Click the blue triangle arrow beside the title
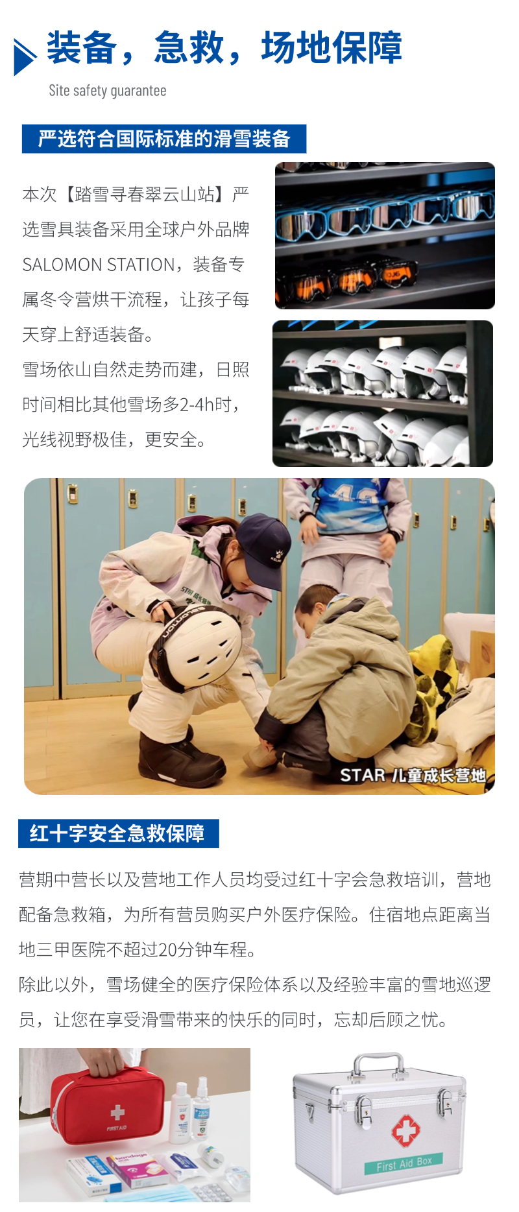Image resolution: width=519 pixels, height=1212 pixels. (x=24, y=57)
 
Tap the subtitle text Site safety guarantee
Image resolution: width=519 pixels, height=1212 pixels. (x=108, y=91)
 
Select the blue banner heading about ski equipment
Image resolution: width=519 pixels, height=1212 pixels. (x=163, y=139)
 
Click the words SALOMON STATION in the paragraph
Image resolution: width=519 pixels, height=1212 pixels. (x=98, y=265)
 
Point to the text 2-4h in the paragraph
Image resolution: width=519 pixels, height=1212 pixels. (x=197, y=405)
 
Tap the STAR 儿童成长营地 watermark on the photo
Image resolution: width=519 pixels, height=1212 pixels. (x=413, y=776)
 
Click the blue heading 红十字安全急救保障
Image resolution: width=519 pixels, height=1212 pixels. (x=117, y=833)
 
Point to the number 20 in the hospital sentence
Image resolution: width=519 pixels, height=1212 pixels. (x=167, y=950)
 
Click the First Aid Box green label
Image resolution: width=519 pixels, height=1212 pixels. (x=404, y=1164)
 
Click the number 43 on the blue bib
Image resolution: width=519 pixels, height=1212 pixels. (x=354, y=497)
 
